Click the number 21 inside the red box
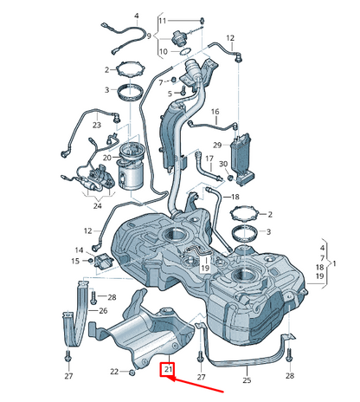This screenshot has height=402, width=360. [168, 369]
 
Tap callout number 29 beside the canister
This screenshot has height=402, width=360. [217, 145]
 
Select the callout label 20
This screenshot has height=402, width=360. [107, 158]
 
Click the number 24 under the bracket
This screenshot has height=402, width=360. [98, 205]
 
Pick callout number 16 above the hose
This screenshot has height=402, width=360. [215, 112]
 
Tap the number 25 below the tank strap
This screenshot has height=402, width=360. [247, 380]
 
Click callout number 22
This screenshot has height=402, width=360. [114, 372]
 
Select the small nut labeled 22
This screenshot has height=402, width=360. [132, 372]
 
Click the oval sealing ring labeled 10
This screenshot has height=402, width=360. [185, 52]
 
